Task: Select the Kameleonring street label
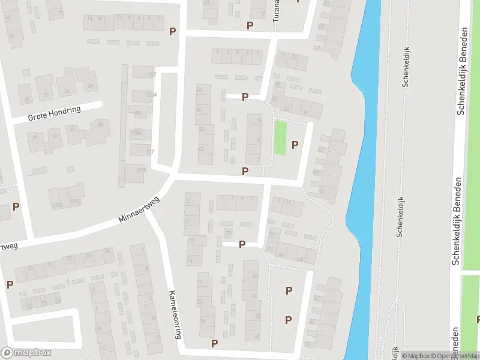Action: pyautogui.click(x=175, y=316)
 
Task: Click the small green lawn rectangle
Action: pyautogui.click(x=280, y=138)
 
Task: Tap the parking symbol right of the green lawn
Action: pyautogui.click(x=295, y=145)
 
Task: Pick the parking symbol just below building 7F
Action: pyautogui.click(x=242, y=244)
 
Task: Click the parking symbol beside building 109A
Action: pyautogui.click(x=16, y=206)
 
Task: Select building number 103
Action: pyautogui.click(x=151, y=74)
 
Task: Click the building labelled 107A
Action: pyautogui.click(x=141, y=170)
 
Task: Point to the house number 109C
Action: pyautogui.click(x=74, y=202)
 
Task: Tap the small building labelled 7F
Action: pyautogui.click(x=228, y=232)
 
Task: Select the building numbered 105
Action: pyautogui.click(x=137, y=113)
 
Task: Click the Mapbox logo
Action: pyautogui.click(x=26, y=353)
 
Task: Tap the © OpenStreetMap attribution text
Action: pyautogui.click(x=454, y=355)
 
